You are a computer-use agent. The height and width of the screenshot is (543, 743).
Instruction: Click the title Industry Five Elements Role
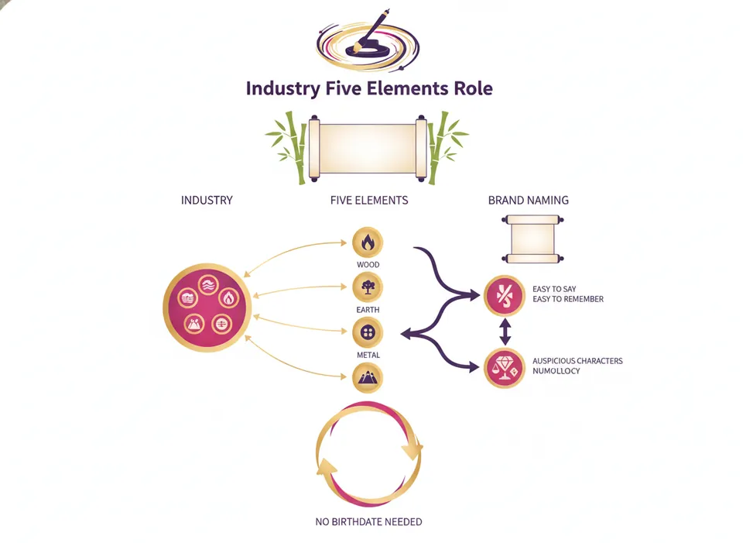[x=369, y=88]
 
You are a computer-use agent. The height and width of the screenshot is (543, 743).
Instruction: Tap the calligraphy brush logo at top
[x=368, y=41]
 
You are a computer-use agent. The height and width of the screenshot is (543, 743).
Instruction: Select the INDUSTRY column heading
[x=207, y=200]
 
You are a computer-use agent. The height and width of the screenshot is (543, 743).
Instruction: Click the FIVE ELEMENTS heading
[x=369, y=200]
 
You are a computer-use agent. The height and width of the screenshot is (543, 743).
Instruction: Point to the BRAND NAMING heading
[x=529, y=200]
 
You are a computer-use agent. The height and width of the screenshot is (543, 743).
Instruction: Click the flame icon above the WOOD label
[x=368, y=242]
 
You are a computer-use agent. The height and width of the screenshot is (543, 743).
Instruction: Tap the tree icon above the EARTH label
[x=368, y=287]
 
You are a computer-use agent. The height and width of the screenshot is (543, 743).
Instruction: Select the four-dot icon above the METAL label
[x=368, y=332]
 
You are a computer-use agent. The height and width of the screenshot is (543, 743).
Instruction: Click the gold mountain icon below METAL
[x=368, y=378]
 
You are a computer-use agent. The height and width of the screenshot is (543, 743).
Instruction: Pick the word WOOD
[x=368, y=265]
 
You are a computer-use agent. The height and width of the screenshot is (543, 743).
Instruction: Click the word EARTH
[x=368, y=310]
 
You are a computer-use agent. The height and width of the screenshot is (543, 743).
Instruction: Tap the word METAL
[x=368, y=355]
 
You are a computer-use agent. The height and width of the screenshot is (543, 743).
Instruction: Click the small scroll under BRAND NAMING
[x=532, y=239]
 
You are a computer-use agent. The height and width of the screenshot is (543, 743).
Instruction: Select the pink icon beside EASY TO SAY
[x=504, y=295]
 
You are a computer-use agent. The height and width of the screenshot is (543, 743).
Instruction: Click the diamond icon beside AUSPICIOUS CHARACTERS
[x=504, y=368]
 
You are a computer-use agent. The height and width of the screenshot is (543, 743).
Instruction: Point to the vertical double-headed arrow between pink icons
[x=505, y=332]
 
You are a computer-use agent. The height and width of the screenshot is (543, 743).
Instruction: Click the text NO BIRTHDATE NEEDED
[x=368, y=521]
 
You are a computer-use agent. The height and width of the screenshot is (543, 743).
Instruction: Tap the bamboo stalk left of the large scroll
[x=294, y=148]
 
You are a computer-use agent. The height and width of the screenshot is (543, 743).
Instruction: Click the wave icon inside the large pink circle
[x=207, y=285]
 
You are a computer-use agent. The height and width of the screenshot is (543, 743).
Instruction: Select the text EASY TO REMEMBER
[x=568, y=299]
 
